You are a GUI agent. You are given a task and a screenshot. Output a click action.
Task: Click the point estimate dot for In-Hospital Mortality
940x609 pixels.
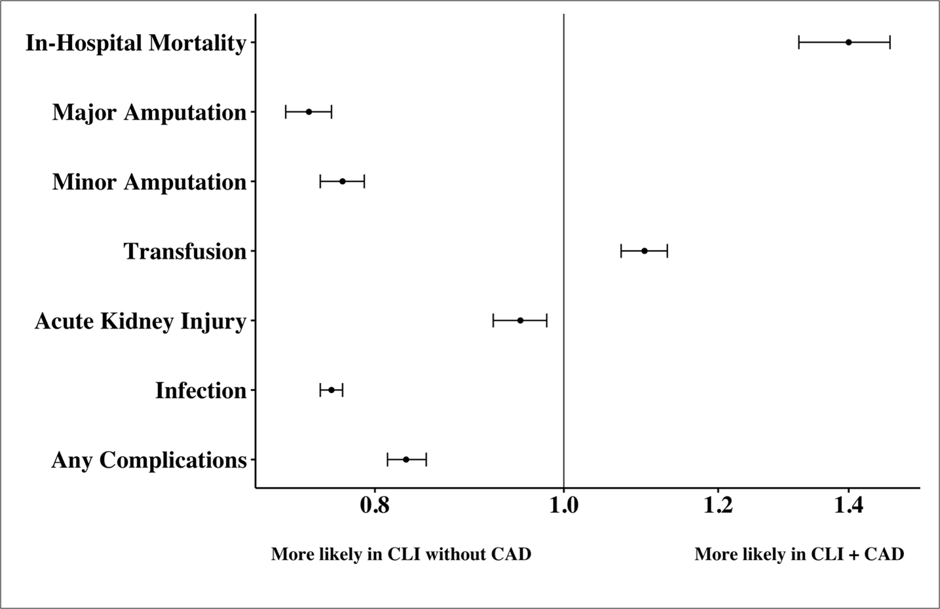coord(848,43)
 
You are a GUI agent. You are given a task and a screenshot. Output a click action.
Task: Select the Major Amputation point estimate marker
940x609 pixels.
coord(309,112)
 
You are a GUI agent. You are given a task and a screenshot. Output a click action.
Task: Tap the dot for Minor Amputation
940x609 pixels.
coord(343,181)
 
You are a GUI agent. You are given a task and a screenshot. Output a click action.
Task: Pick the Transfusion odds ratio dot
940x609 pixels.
coord(645,251)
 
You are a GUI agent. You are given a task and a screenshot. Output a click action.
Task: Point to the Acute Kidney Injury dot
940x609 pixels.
coord(521,320)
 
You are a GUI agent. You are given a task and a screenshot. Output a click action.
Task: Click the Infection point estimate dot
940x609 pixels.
coord(331,390)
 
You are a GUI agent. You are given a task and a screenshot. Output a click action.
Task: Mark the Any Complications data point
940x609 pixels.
coord(406,460)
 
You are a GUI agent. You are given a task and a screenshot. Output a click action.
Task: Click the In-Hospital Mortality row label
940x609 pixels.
coord(136,43)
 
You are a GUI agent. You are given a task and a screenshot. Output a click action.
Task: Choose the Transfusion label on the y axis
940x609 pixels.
coord(185,251)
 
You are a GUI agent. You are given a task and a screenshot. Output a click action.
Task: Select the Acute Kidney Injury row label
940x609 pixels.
coord(141,322)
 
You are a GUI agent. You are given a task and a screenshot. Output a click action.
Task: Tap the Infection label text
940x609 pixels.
coord(200,391)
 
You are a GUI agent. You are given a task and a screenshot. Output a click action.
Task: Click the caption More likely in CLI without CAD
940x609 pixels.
coord(401,555)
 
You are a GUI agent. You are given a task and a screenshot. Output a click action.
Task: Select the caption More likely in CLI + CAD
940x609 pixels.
coord(799,555)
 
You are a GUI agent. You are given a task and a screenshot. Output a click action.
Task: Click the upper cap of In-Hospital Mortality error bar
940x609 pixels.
coord(890,43)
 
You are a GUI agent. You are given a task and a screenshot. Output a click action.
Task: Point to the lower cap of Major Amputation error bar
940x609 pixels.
coord(286,112)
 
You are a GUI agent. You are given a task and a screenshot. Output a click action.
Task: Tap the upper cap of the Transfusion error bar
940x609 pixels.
coord(667,251)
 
